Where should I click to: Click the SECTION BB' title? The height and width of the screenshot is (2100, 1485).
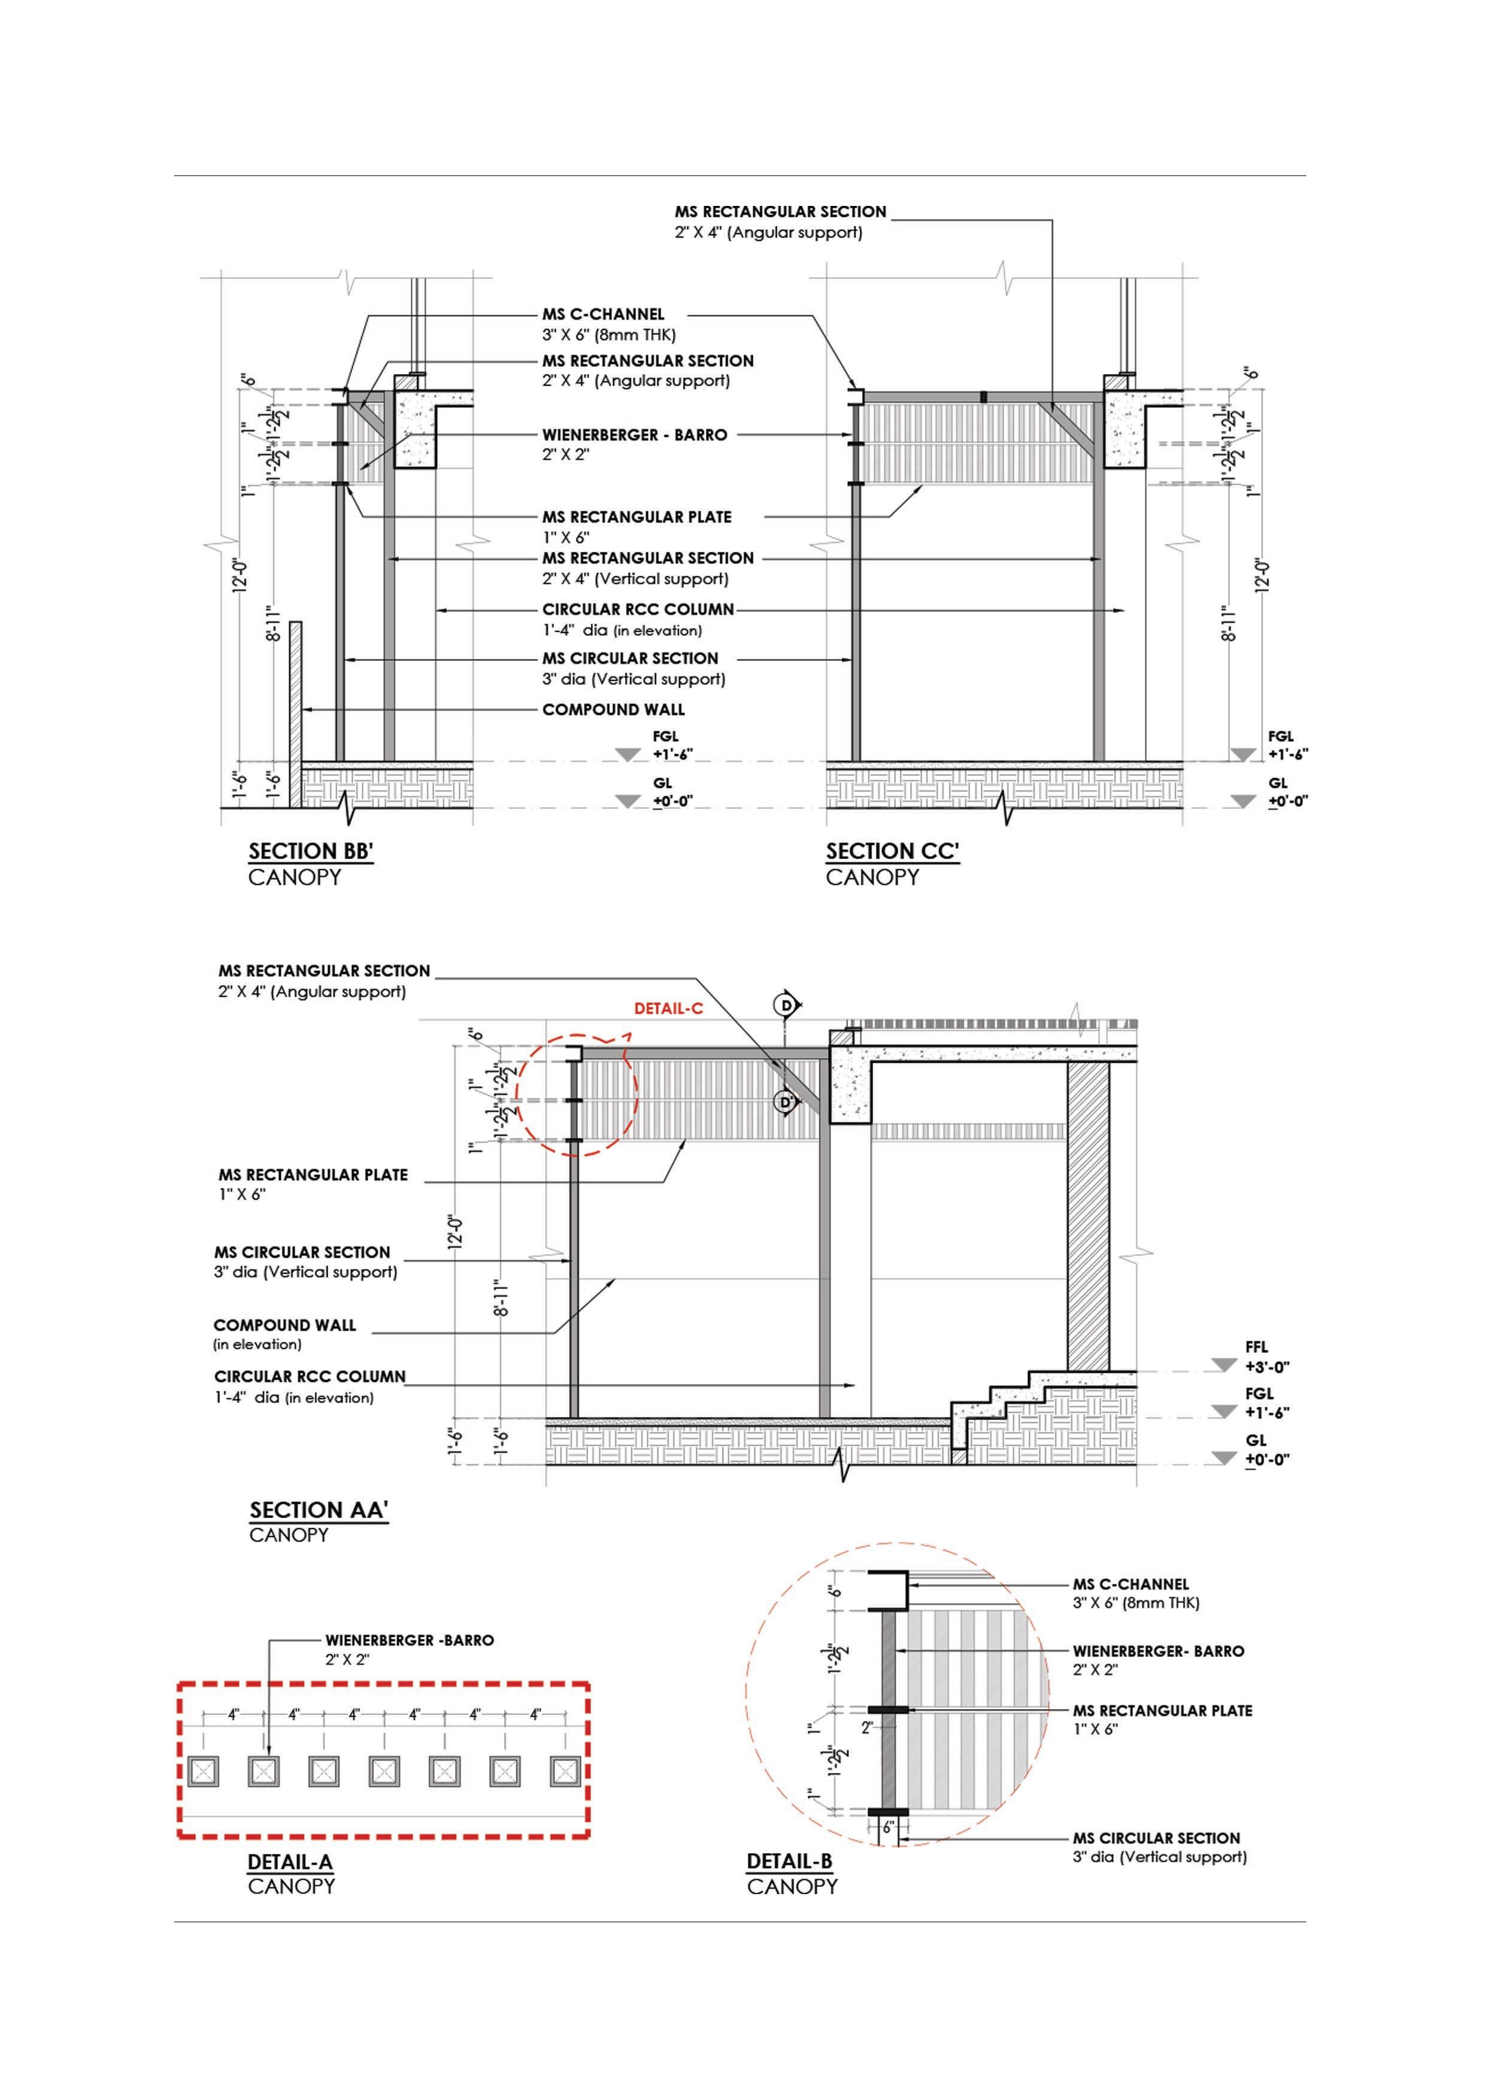coord(311,851)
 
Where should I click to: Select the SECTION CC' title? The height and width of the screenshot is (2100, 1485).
coord(892,851)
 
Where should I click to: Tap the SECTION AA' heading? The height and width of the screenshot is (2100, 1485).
coord(319,1510)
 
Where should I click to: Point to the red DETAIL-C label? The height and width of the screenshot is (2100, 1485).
coord(669,1009)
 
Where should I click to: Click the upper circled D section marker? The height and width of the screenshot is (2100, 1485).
coord(785,1005)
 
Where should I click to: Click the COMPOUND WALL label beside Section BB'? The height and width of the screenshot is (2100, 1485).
coord(613,710)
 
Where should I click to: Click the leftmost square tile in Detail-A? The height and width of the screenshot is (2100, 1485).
coord(203,1771)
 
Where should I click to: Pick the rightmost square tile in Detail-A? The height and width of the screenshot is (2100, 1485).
coord(565,1771)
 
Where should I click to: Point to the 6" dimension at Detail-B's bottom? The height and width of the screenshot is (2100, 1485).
coord(887,1828)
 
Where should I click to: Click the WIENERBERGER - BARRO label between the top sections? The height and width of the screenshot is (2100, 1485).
coord(635,435)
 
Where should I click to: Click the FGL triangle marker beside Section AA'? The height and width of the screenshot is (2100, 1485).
coord(1225,1412)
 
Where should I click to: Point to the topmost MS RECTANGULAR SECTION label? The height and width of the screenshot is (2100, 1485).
coord(780,212)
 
